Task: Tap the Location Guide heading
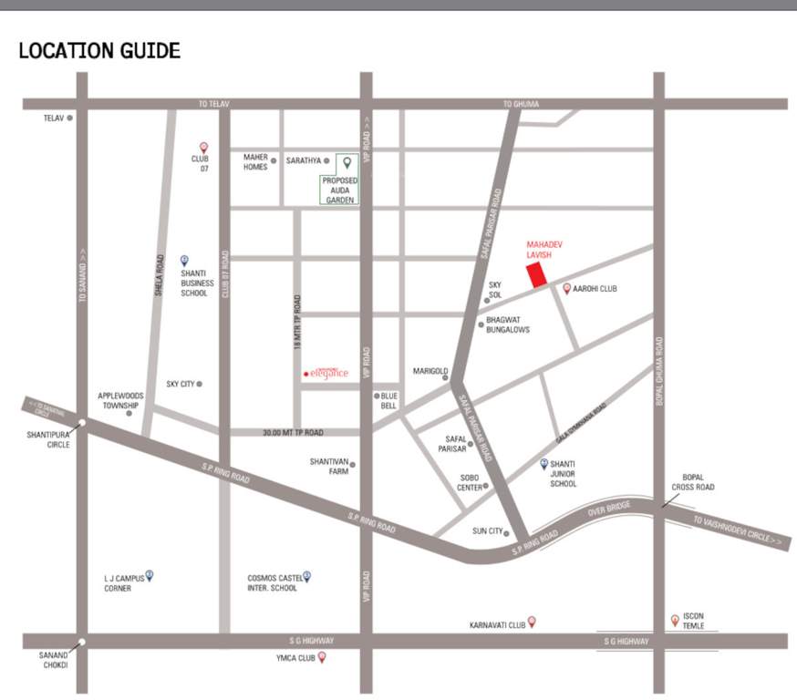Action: pyautogui.click(x=99, y=50)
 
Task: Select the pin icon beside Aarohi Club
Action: pyautogui.click(x=567, y=289)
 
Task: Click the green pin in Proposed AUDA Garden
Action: pyautogui.click(x=347, y=163)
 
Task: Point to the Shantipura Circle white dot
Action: pyautogui.click(x=82, y=423)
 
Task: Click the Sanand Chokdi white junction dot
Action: pyautogui.click(x=82, y=642)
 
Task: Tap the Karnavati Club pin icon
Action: pyautogui.click(x=533, y=622)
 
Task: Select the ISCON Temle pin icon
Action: pyautogui.click(x=675, y=621)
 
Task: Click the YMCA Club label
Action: pyautogui.click(x=295, y=657)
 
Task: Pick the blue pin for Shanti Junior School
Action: pyautogui.click(x=544, y=464)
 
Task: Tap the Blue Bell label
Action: pyautogui.click(x=388, y=401)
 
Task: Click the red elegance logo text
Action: pyautogui.click(x=326, y=373)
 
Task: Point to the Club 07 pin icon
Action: pyautogui.click(x=204, y=148)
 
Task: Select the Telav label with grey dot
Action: pyautogui.click(x=57, y=118)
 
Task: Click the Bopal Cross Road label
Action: pyautogui.click(x=693, y=482)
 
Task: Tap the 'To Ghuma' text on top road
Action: pyautogui.click(x=521, y=104)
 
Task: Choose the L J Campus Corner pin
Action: pyautogui.click(x=150, y=575)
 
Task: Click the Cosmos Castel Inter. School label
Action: pyautogui.click(x=273, y=582)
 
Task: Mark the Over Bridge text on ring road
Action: pyautogui.click(x=609, y=511)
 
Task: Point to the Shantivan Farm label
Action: pyautogui.click(x=328, y=466)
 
